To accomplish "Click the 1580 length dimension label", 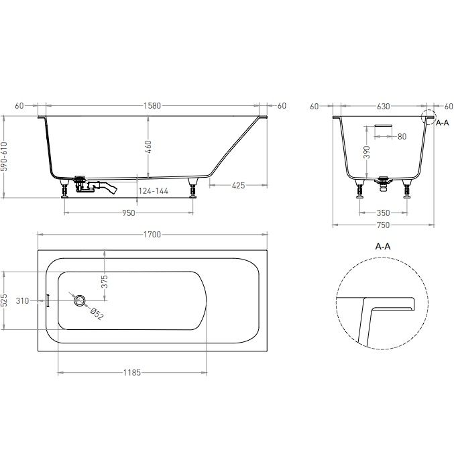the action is [152, 106].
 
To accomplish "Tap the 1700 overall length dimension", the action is [152, 235].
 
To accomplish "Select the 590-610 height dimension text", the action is [4, 156].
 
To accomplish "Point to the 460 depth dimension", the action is [148, 147].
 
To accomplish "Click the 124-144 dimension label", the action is [153, 191].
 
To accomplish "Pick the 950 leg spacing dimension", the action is [129, 213].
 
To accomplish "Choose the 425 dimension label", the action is [238, 185].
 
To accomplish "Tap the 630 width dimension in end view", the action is [384, 107].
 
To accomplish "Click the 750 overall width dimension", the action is [384, 225].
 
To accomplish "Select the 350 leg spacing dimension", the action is [384, 213].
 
